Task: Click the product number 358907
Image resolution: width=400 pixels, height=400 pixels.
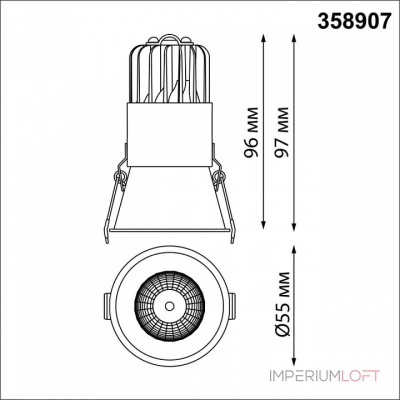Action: tap(354, 21)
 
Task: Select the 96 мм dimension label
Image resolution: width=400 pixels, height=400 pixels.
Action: tap(251, 132)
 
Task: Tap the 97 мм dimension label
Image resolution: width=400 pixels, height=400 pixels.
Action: tap(281, 132)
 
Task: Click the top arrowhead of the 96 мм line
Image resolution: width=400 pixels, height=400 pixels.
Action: tap(263, 38)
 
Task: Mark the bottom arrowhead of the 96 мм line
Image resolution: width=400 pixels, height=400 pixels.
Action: tap(263, 224)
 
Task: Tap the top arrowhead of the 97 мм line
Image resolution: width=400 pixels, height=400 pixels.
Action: tap(294, 38)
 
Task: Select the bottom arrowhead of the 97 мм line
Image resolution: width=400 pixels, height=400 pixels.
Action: tap(294, 227)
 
